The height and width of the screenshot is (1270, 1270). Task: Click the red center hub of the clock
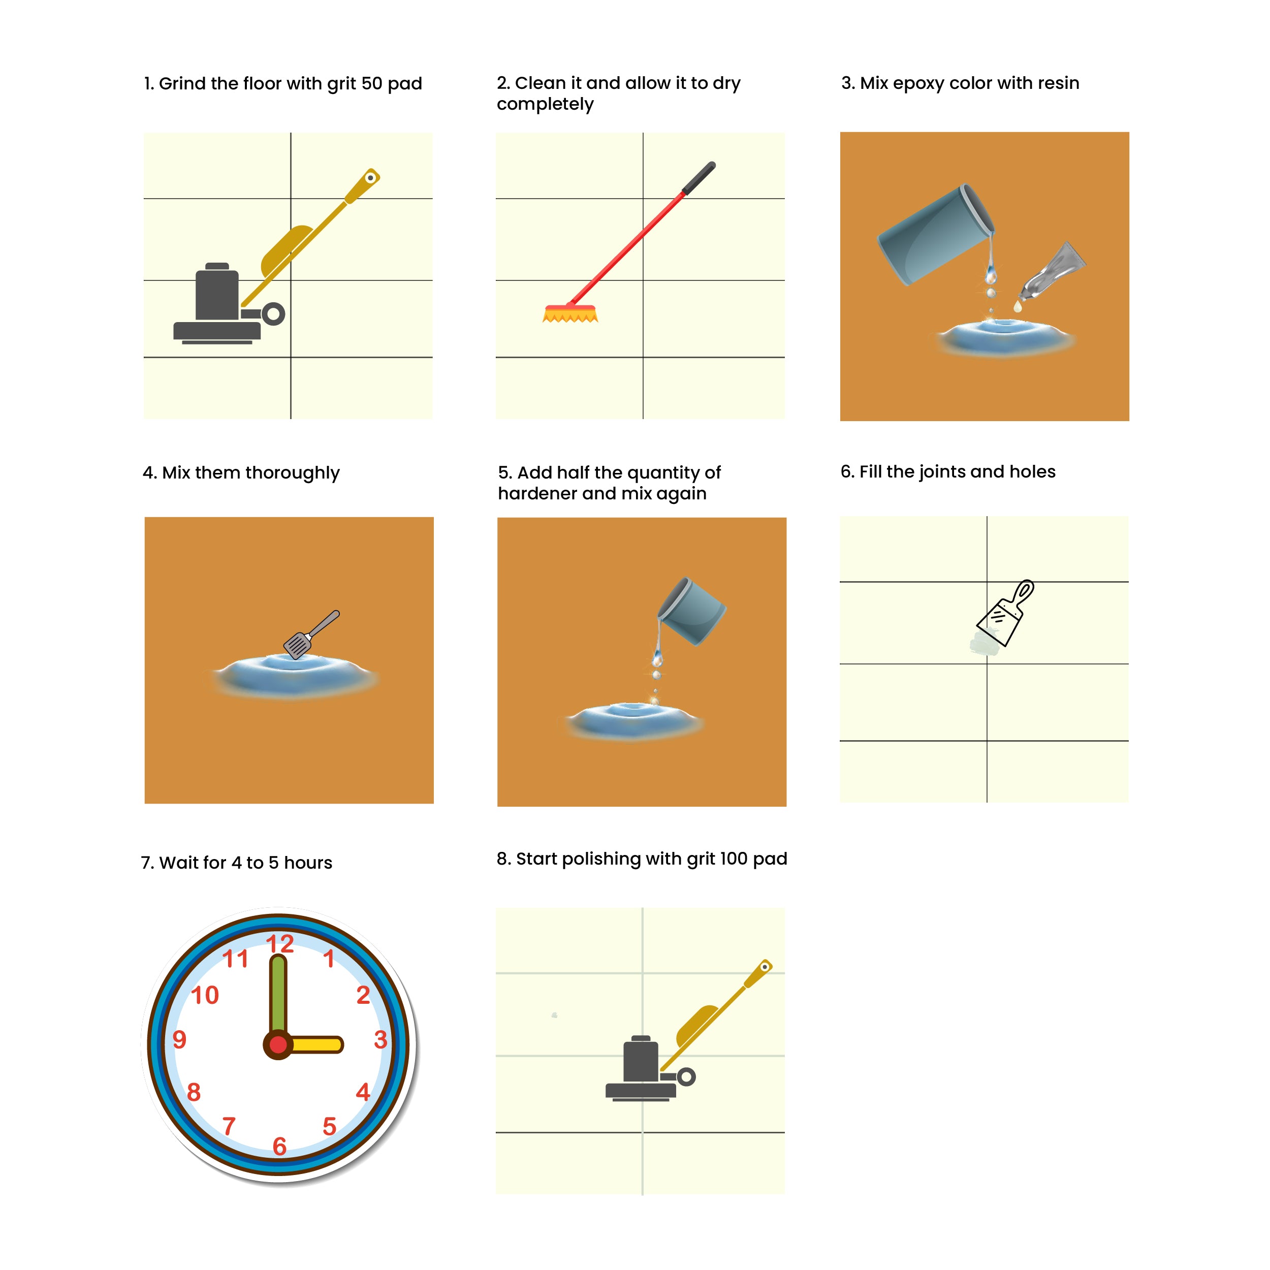click(x=278, y=1044)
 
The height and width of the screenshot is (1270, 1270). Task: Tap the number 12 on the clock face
click(x=279, y=943)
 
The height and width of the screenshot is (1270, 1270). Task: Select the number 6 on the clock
click(x=279, y=1147)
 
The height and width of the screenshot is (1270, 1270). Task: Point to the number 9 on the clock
click(x=179, y=1039)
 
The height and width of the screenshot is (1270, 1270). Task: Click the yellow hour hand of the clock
click(x=314, y=1044)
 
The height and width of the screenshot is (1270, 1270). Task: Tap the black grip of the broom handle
click(x=699, y=177)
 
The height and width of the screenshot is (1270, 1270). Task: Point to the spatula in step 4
click(x=311, y=634)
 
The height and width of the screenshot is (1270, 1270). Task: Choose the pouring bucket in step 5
click(x=691, y=611)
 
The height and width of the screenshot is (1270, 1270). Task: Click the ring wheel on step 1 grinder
click(x=273, y=314)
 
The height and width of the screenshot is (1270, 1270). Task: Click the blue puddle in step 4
click(x=295, y=674)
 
